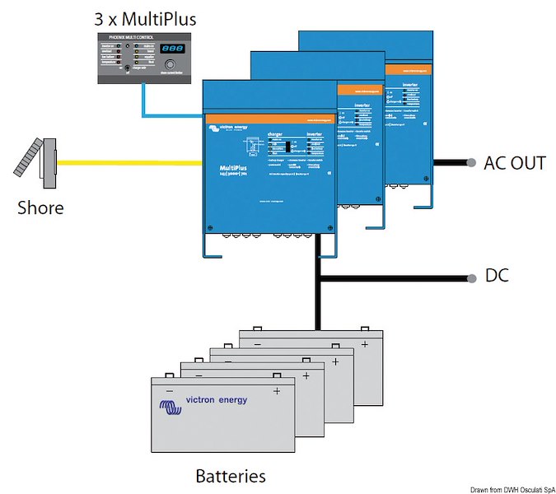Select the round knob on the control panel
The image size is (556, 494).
(171, 66)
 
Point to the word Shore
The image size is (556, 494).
(40, 207)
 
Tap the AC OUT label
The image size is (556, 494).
(515, 163)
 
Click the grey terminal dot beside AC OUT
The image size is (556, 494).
(471, 163)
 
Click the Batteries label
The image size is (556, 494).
(231, 476)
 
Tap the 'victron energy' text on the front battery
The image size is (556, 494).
(216, 400)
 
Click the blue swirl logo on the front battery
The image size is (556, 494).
(170, 406)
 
